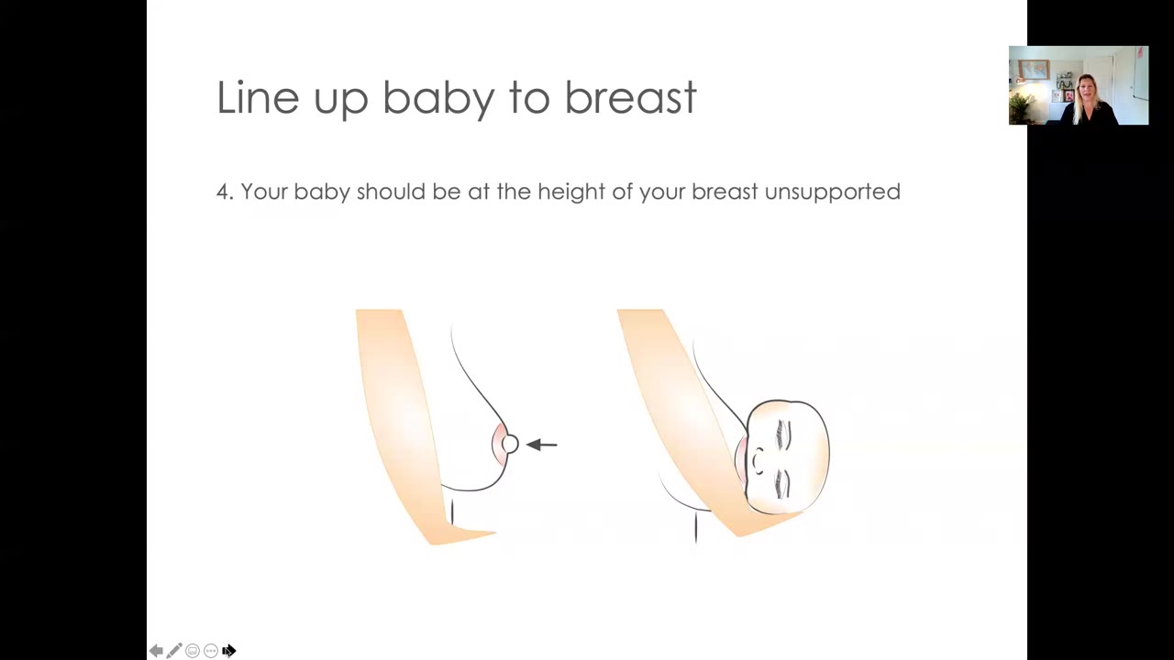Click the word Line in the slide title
(x=258, y=97)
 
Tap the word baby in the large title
(x=438, y=100)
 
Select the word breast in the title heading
(x=630, y=97)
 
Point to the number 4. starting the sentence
(x=225, y=192)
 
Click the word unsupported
(x=832, y=192)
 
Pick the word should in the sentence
(x=391, y=192)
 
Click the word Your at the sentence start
(x=264, y=192)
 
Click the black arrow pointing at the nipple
(x=541, y=445)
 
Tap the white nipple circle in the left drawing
(x=509, y=445)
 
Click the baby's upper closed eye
(x=784, y=434)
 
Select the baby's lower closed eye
(x=782, y=483)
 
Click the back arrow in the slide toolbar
(x=156, y=651)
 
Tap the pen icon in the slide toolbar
(x=174, y=650)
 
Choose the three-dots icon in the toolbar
(x=211, y=651)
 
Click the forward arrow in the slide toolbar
(x=229, y=651)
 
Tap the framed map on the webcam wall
(x=1034, y=69)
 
